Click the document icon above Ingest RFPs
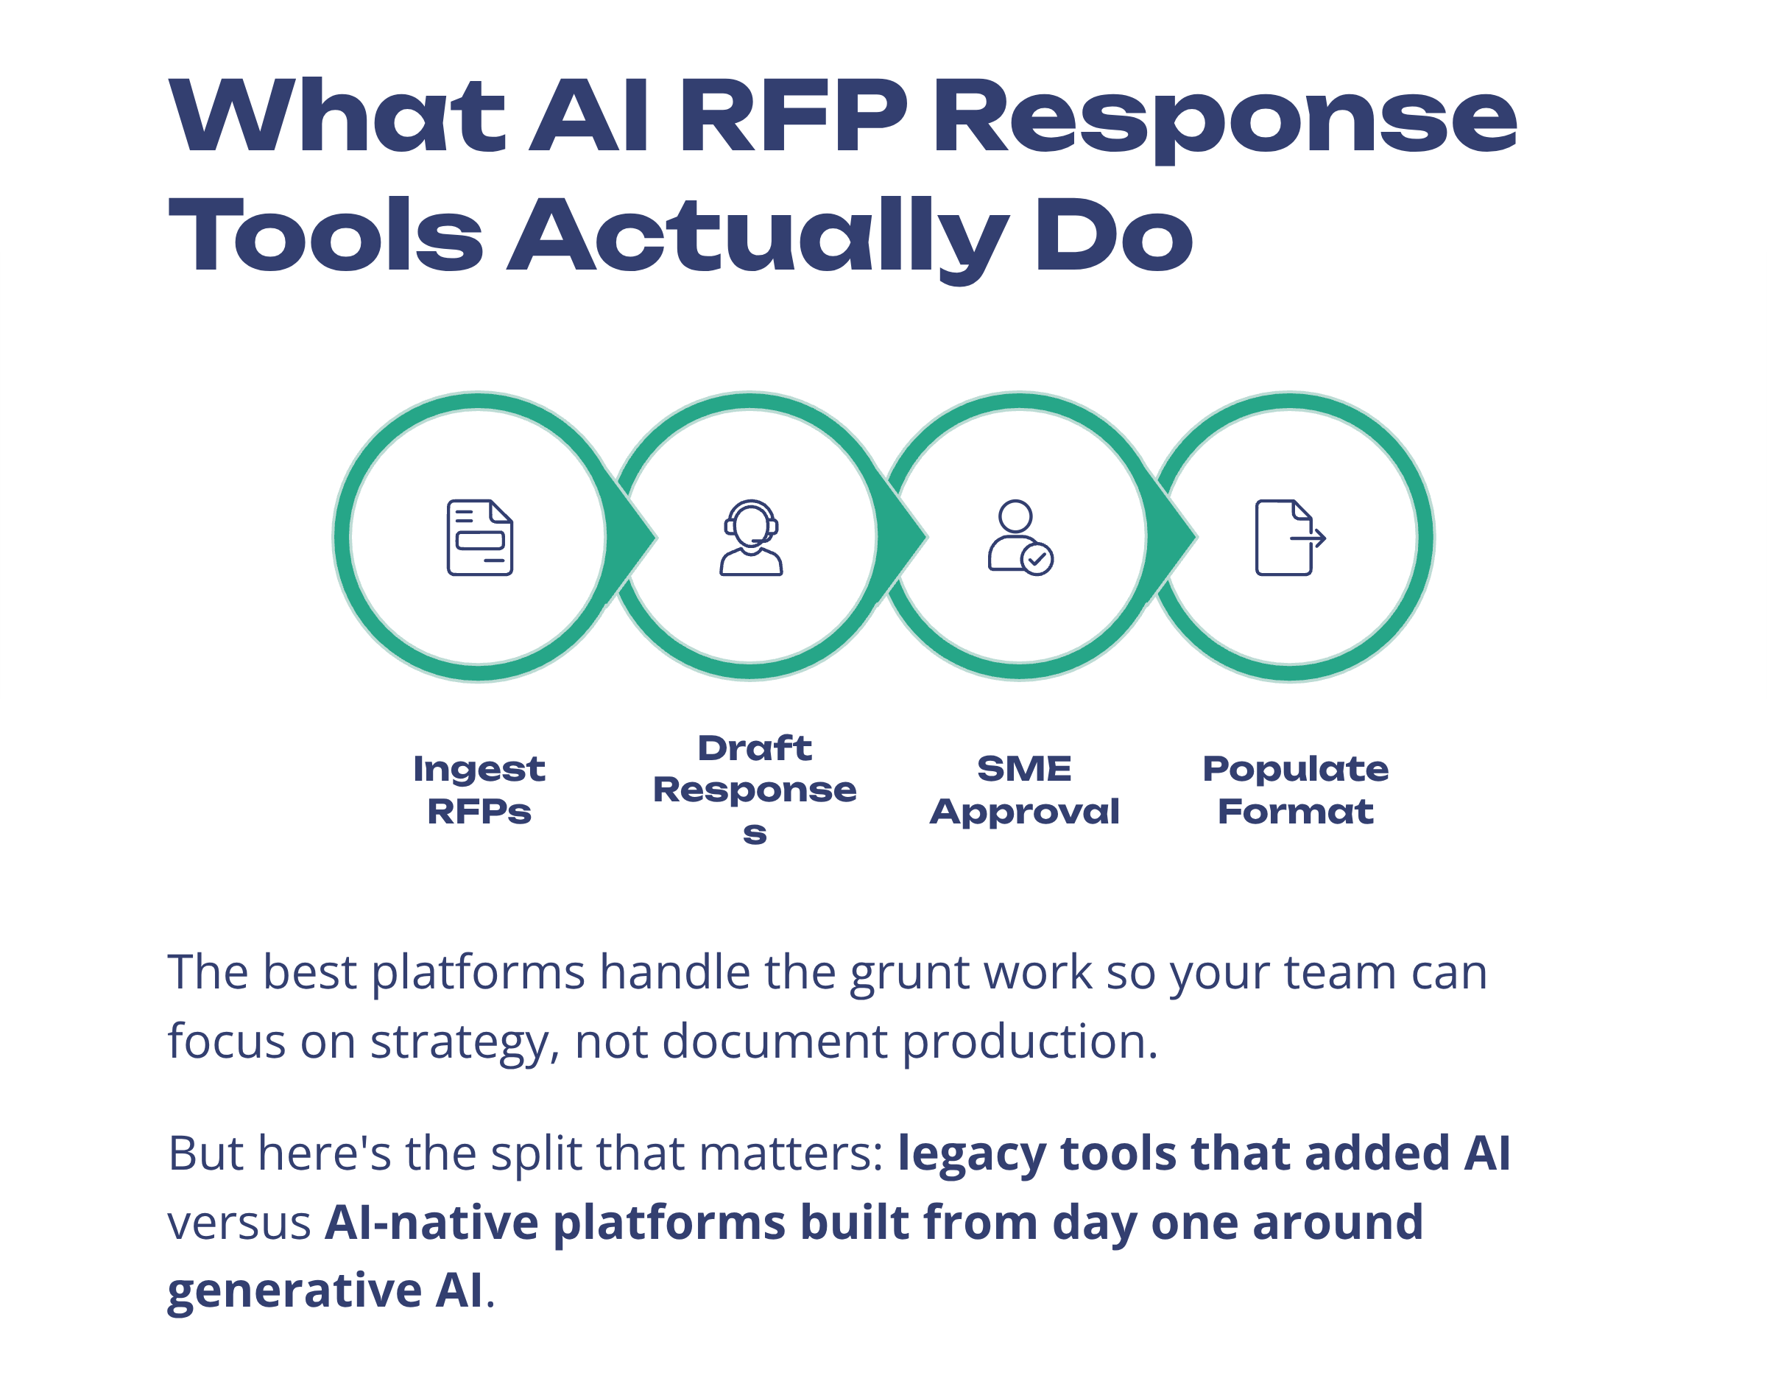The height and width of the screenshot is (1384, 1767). [x=479, y=537]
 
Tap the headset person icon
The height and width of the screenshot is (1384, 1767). [x=751, y=537]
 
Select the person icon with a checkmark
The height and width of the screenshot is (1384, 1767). [x=1020, y=537]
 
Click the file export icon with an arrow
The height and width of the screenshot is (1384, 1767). [x=1289, y=537]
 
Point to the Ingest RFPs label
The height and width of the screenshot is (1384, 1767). [x=479, y=790]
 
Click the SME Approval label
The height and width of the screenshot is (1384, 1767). [x=1023, y=790]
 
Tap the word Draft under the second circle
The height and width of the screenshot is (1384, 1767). [x=754, y=748]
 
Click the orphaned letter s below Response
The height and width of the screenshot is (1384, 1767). [x=754, y=832]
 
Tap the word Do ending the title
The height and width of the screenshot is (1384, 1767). [x=1112, y=236]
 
